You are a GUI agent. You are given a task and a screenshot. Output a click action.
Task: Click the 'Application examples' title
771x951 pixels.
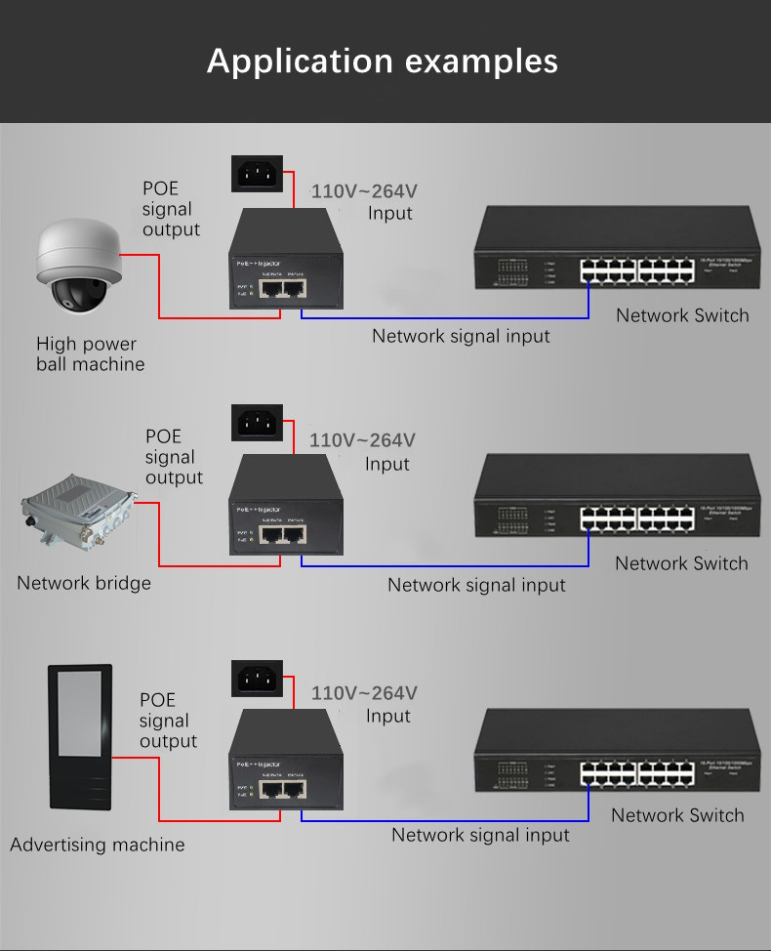coord(383,61)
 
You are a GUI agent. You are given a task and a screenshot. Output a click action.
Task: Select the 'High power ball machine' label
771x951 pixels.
coord(90,353)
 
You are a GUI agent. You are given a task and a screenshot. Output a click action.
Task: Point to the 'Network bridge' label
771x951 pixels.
coord(84,583)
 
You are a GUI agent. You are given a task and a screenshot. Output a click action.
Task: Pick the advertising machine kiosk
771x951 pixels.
coord(80,737)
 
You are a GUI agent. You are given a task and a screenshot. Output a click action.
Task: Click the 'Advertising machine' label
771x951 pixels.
coord(97,845)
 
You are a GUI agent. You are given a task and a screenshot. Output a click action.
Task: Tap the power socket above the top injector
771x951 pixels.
coord(259,175)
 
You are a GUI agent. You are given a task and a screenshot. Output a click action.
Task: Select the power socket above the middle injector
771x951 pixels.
coord(259,423)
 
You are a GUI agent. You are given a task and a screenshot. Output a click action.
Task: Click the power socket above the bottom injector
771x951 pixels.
coord(259,679)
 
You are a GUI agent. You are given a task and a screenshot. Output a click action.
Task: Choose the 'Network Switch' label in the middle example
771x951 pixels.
coord(681,563)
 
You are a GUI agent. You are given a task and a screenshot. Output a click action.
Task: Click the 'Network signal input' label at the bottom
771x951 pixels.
coord(480,835)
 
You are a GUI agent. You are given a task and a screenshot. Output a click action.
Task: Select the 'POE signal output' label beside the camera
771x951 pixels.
coord(171,209)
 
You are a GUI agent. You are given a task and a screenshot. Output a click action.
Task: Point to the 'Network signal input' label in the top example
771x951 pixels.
coord(461,336)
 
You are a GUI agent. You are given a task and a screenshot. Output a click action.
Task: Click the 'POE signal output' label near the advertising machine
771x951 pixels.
coord(167,721)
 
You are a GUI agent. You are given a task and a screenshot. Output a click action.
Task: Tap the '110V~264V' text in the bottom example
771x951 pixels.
coord(364,693)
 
